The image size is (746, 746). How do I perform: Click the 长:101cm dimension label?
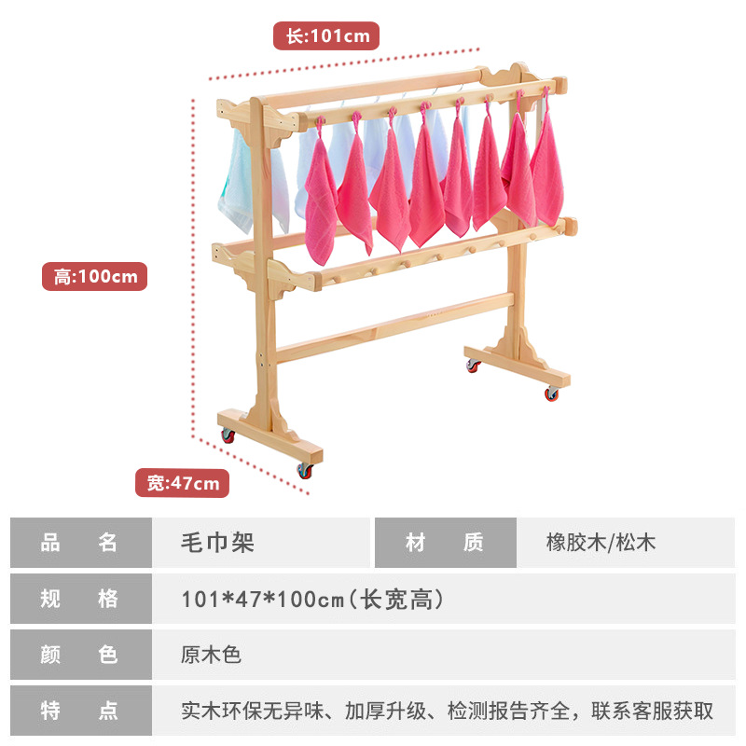point(326,36)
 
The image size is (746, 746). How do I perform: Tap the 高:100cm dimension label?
point(94,276)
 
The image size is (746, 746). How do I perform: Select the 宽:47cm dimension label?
point(183,482)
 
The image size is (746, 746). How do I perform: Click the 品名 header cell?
point(80,543)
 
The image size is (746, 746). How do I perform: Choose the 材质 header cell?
point(445,543)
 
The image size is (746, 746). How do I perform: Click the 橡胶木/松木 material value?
point(601,543)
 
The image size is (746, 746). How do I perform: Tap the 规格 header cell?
point(80,599)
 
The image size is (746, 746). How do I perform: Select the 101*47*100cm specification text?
point(311,599)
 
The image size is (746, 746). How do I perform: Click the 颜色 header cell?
point(80,655)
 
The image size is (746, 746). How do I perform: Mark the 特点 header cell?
point(80,711)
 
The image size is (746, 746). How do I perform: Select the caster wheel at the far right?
point(552,394)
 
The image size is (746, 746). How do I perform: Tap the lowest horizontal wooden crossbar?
point(392,326)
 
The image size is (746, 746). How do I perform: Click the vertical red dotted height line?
point(194,270)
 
